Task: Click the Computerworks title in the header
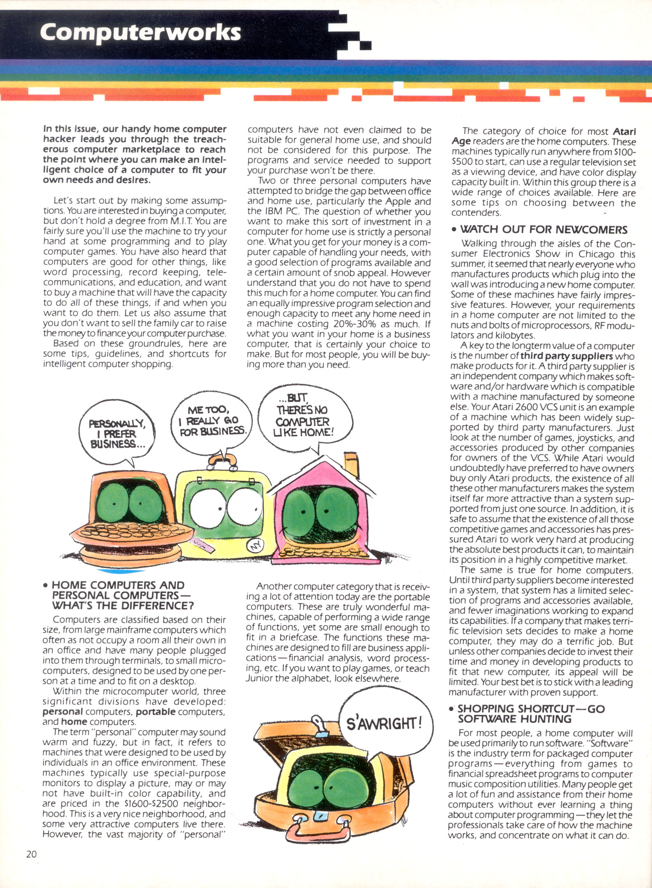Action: pyautogui.click(x=140, y=32)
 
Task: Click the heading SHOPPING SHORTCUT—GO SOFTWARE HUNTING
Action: pyautogui.click(x=531, y=714)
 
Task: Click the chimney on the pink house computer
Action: pyautogui.click(x=351, y=461)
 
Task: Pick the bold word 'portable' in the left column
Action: pyautogui.click(x=156, y=712)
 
